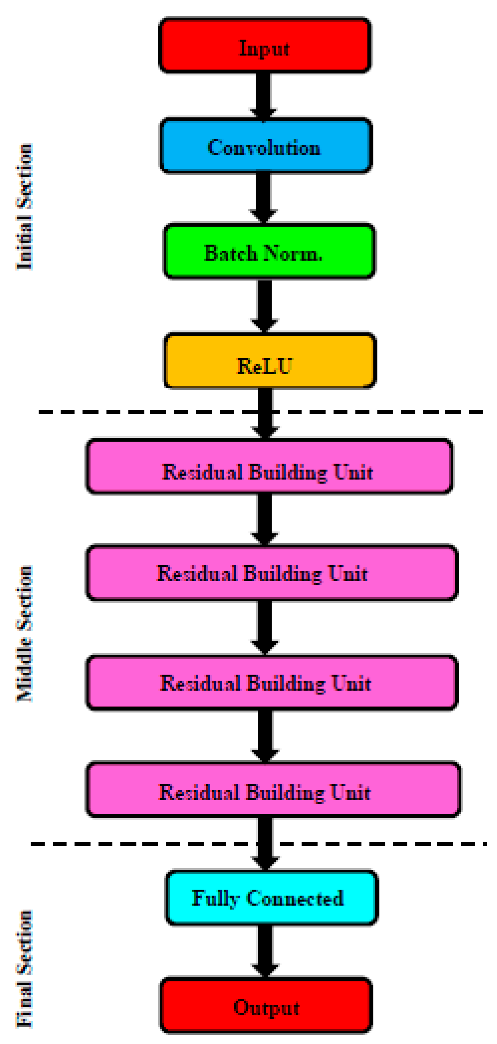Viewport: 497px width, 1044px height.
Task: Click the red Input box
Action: point(265,45)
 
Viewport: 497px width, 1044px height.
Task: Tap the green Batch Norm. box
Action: point(269,251)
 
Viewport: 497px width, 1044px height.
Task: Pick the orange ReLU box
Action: point(270,361)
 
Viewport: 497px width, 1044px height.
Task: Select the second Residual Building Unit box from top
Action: point(272,573)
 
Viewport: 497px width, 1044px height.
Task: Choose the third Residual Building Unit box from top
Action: point(272,683)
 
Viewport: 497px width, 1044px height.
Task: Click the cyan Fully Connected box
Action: point(272,898)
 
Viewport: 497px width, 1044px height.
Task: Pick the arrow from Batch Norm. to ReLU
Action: point(264,305)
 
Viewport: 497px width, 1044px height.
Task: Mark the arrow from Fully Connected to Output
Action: point(265,950)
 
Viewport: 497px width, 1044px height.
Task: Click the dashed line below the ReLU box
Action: point(142,412)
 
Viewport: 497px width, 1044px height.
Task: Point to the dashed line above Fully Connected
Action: point(142,844)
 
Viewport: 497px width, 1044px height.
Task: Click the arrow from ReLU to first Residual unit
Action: point(265,421)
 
